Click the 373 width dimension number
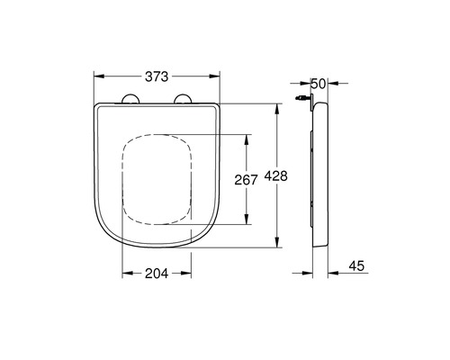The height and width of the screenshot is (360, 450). click(157, 76)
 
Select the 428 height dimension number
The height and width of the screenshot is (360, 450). click(275, 176)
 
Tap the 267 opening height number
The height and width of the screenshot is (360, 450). click(246, 180)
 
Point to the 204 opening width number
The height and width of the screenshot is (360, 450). click(157, 274)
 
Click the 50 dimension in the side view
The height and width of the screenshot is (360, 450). click(318, 84)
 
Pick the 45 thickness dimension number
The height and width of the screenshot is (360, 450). click(356, 265)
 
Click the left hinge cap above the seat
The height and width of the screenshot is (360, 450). click(130, 99)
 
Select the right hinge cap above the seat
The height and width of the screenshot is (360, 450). click(183, 99)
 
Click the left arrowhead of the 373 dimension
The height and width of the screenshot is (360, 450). click(99, 76)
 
